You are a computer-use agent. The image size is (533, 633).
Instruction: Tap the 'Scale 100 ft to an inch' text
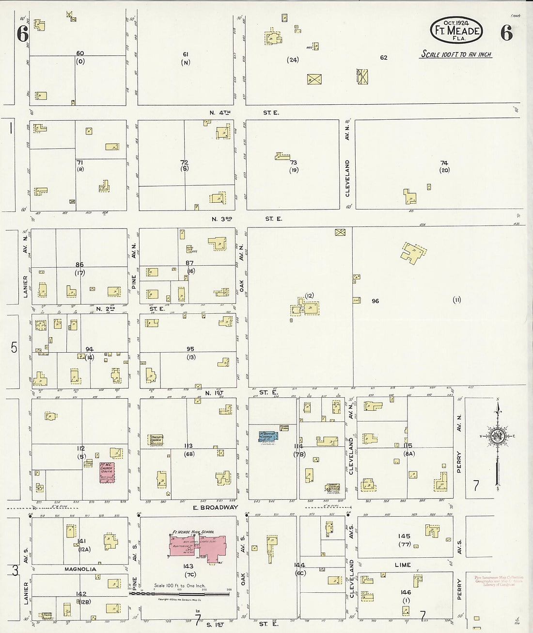(455, 54)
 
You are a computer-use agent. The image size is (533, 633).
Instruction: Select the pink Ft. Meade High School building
(196, 545)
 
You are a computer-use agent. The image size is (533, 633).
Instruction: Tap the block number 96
(375, 301)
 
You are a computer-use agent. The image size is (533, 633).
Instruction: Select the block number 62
(383, 57)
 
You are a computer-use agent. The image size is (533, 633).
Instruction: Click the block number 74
(444, 163)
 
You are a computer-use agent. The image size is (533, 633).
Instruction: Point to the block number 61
(185, 54)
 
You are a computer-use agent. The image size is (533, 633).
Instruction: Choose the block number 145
(404, 536)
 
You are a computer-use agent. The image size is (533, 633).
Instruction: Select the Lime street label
(403, 565)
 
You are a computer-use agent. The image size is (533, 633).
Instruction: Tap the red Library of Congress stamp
(499, 581)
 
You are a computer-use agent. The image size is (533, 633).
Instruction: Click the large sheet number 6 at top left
(22, 34)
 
